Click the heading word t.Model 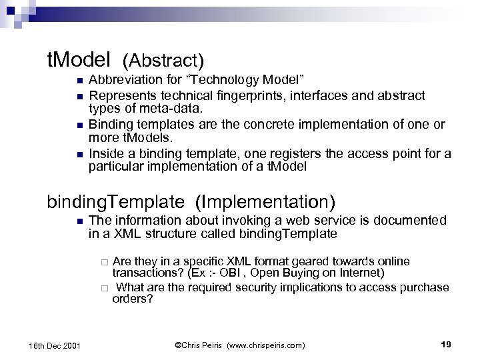click(x=78, y=61)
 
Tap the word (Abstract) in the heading click(x=163, y=61)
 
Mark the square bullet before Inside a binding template click(x=79, y=154)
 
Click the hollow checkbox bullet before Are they click(x=104, y=261)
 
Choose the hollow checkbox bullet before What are click(x=104, y=288)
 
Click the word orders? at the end click(x=133, y=299)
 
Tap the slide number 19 click(x=447, y=344)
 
